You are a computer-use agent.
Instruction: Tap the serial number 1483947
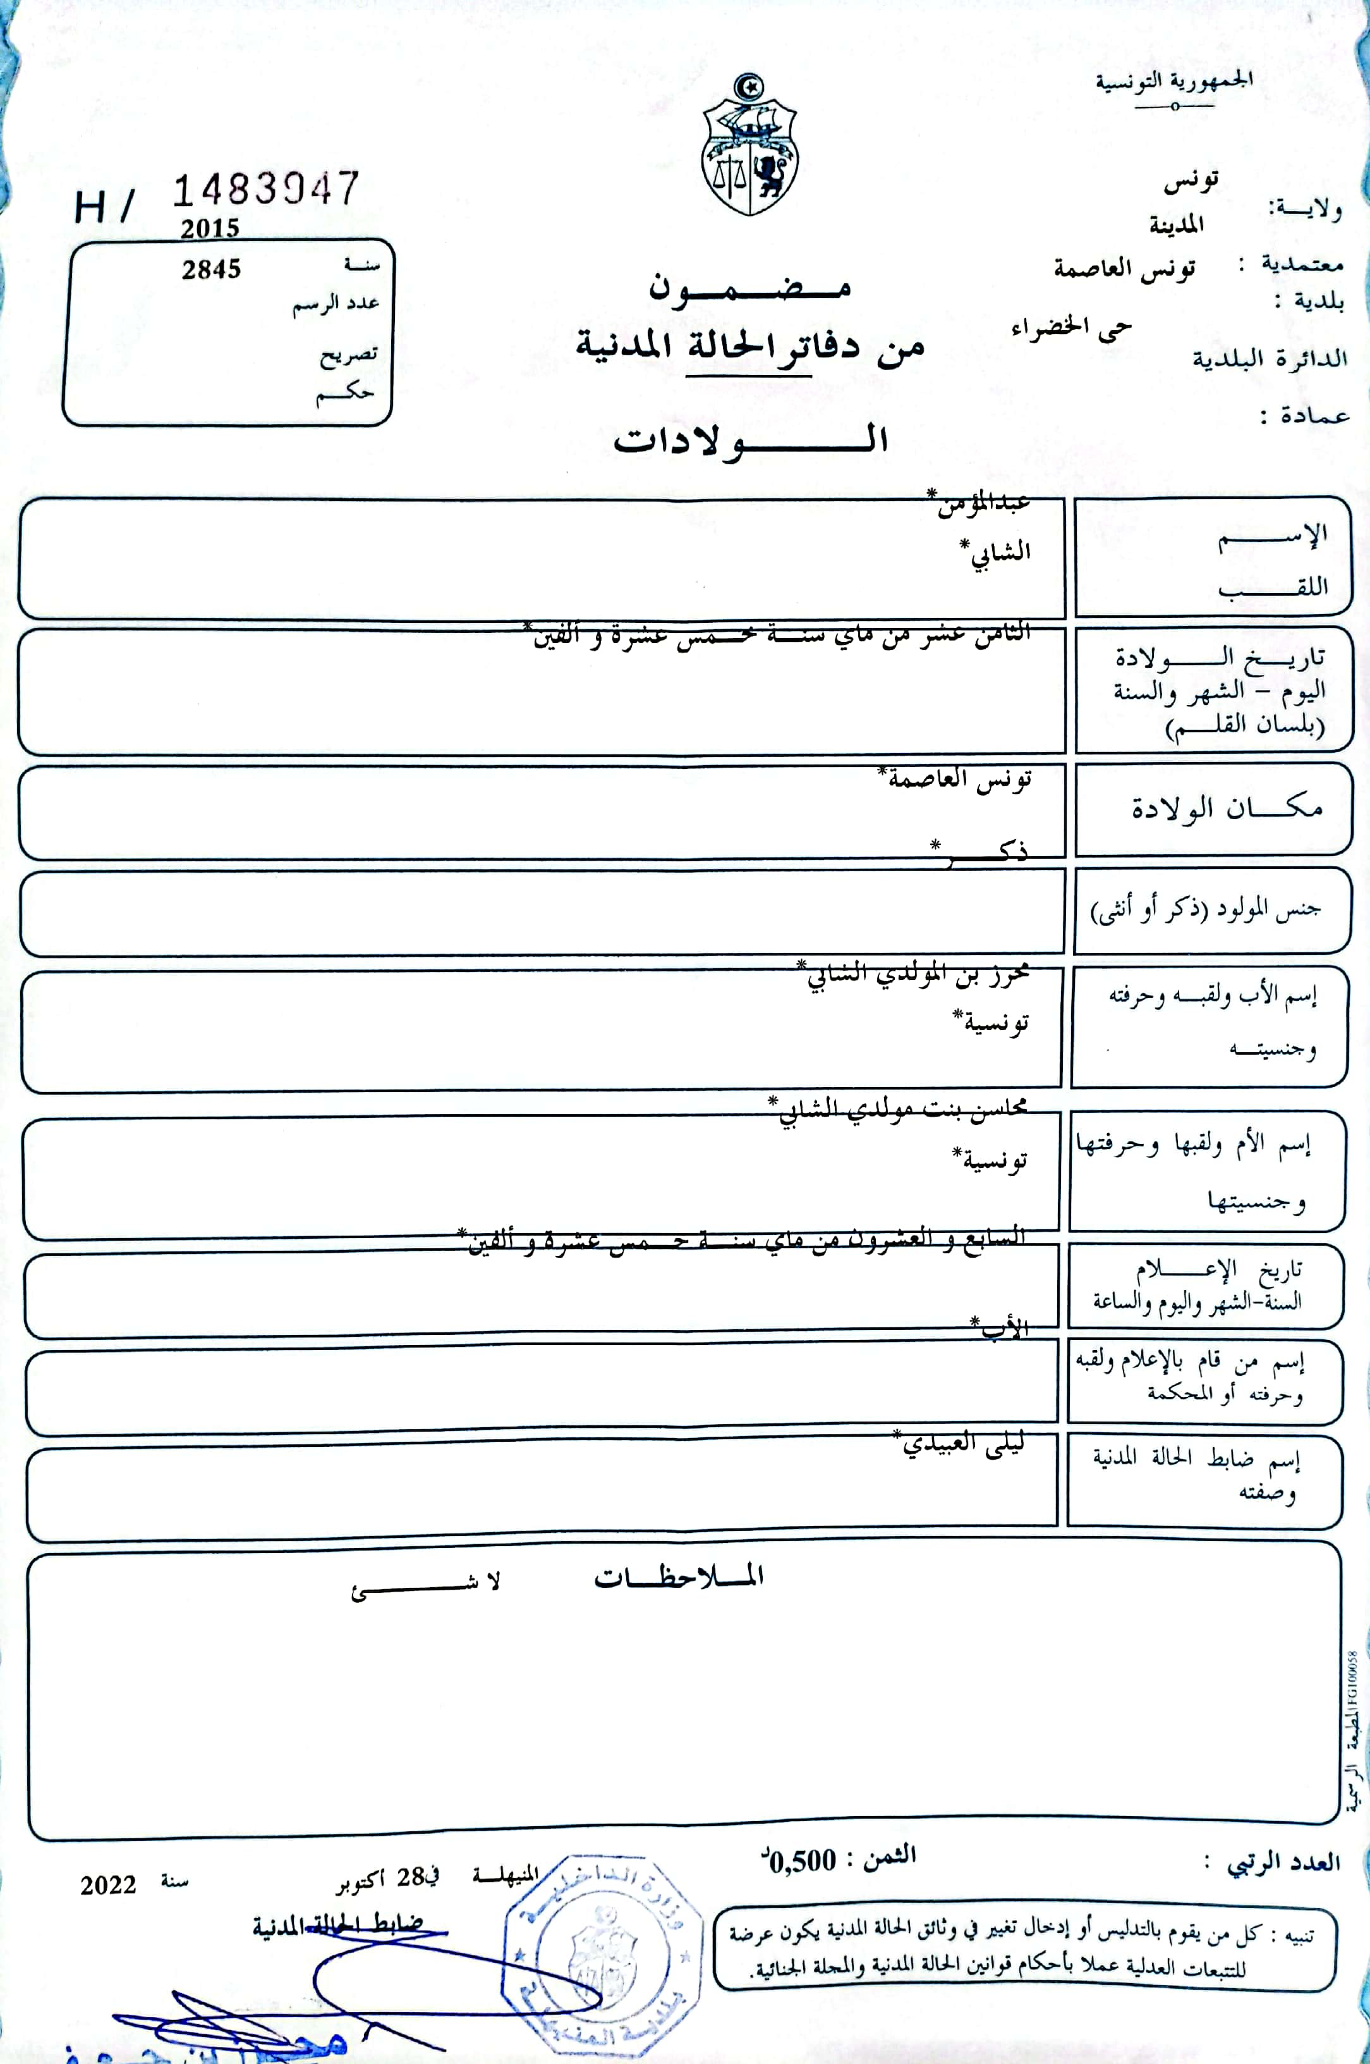pyautogui.click(x=265, y=190)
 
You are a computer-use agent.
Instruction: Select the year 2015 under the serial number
pyautogui.click(x=210, y=229)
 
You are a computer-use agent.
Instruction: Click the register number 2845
pyautogui.click(x=212, y=269)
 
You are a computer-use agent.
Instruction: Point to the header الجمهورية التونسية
pyautogui.click(x=1174, y=82)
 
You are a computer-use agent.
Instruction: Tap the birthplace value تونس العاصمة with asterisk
pyautogui.click(x=957, y=778)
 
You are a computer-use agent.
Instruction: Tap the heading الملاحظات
pyautogui.click(x=679, y=1577)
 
